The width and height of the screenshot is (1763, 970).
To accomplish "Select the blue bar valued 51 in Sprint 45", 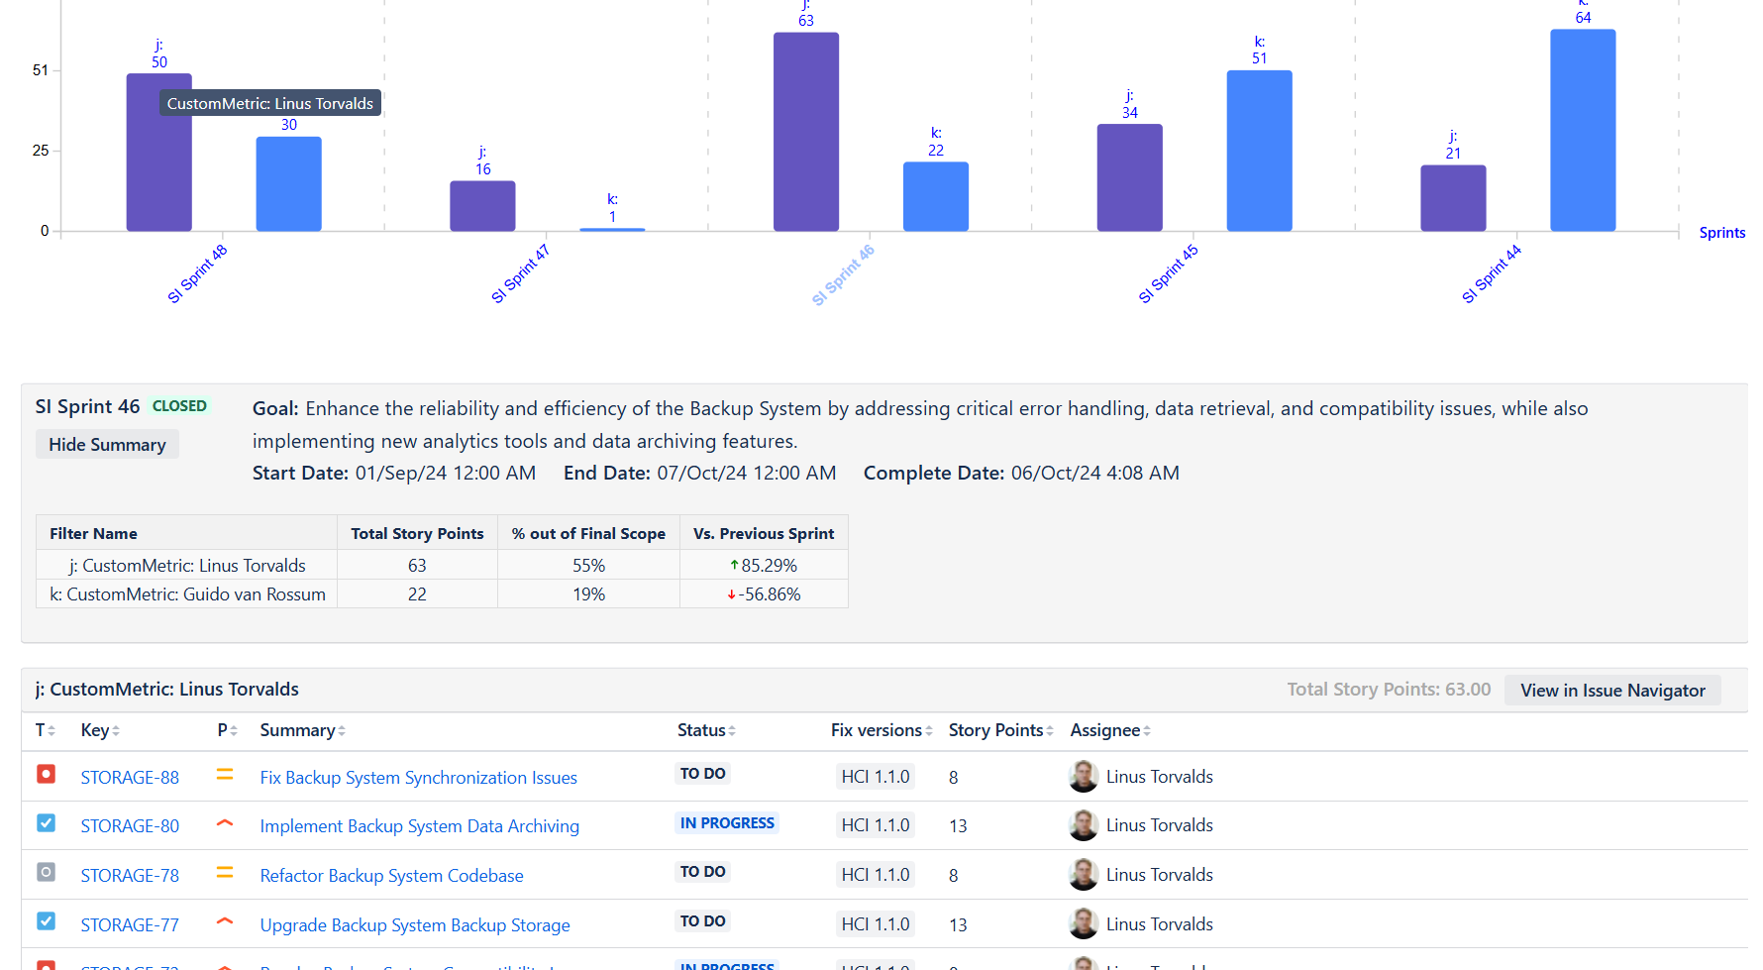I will pos(1259,151).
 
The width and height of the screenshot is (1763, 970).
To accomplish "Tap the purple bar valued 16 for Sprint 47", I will pos(482,206).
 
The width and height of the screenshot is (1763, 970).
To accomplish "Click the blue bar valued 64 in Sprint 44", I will pos(1582,130).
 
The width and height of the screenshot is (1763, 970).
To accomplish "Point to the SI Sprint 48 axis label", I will pos(197,274).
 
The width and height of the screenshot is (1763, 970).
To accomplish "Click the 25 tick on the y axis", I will pos(41,151).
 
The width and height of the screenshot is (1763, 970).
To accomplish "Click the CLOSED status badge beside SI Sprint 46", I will pos(179,406).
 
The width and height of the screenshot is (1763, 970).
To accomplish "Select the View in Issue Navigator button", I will pos(1611,691).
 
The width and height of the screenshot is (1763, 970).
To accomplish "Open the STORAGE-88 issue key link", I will pos(130,778).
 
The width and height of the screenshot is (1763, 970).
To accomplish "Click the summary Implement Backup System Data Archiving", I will pos(419,826).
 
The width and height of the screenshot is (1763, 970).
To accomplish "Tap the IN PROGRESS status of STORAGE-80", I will pos(727,823).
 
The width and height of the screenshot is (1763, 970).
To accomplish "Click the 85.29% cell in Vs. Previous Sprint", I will pos(764,565).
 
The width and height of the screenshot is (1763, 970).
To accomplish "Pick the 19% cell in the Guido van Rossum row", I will pos(588,594).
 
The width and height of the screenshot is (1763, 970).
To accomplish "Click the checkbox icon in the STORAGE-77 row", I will pos(46,921).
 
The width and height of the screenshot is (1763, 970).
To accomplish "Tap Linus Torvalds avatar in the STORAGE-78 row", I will pos(1084,875).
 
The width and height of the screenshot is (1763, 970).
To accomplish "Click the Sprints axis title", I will pos(1721,233).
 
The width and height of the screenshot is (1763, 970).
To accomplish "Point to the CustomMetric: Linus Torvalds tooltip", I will pos(269,103).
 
